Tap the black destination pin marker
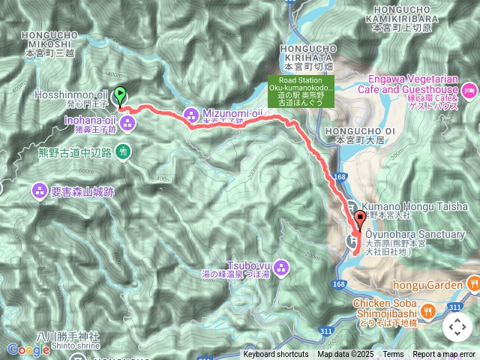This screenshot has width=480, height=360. pos(361,220)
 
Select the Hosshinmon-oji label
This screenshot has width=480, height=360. pos(74,95)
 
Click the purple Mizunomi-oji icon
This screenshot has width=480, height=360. pos(193,114)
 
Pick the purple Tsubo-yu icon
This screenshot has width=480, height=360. pos(281,266)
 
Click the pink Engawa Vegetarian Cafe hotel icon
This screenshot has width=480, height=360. pos(469,91)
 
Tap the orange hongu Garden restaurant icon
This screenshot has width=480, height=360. pos(472,283)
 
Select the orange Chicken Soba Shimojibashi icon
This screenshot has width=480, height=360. pos(427,309)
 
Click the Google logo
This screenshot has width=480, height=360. pos(28,349)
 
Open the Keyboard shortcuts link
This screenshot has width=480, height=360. pos(275,355)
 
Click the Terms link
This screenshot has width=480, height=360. pos(393,355)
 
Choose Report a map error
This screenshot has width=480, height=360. pos(445,355)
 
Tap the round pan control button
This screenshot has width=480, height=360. pos(457,327)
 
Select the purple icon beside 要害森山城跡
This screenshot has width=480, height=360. pos(39,191)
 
